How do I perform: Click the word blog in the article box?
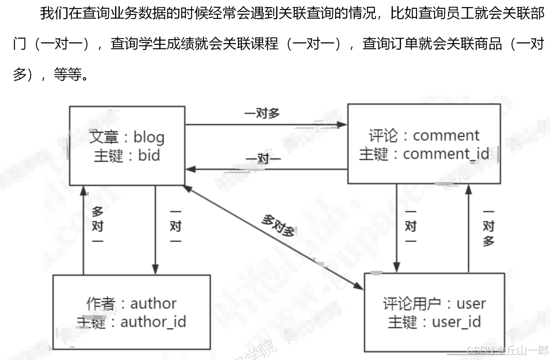pos(149,137)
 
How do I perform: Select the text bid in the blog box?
pos(149,155)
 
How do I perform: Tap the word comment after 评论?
pos(446,135)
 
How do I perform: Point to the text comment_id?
pos(446,154)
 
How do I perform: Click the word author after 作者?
pos(153,303)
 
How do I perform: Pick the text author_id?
pos(153,322)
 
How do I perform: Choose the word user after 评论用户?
pos(471,303)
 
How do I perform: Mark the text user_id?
pos(456,322)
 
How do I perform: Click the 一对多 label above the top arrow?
pos(262,113)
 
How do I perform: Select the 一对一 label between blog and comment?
pos(263,159)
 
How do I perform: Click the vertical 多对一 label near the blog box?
pos(97,226)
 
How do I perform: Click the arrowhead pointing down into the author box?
pos(155,269)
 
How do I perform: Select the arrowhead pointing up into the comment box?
pos(468,189)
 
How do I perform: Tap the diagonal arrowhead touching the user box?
pos(359,285)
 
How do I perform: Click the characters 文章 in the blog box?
pos(104,137)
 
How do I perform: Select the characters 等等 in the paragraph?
pos(68,74)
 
